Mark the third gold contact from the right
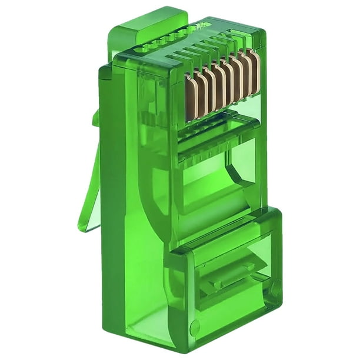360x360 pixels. point(236,79)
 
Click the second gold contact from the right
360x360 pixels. point(245,75)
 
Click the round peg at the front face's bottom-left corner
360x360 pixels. point(194,327)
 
